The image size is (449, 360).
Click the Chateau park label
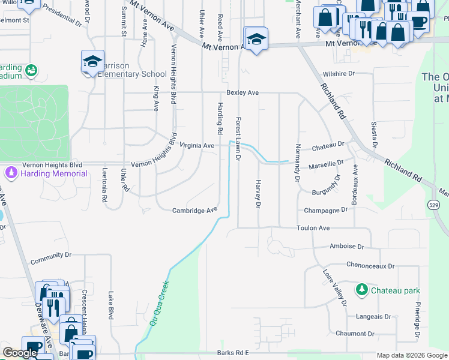(x=395, y=290)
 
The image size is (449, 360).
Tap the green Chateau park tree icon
(x=361, y=290)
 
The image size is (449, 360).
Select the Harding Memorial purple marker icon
(x=10, y=173)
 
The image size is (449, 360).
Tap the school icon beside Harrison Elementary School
(x=93, y=61)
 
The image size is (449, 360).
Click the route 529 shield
(x=434, y=205)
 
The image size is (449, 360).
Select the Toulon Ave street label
(x=313, y=229)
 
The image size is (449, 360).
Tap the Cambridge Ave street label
(x=194, y=211)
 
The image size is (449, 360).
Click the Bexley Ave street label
(x=243, y=93)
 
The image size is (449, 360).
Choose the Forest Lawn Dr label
(x=238, y=139)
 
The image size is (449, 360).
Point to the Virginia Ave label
(x=197, y=146)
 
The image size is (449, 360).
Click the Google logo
(x=20, y=353)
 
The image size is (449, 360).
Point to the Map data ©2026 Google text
(x=412, y=355)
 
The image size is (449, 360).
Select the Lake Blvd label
(x=110, y=305)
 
